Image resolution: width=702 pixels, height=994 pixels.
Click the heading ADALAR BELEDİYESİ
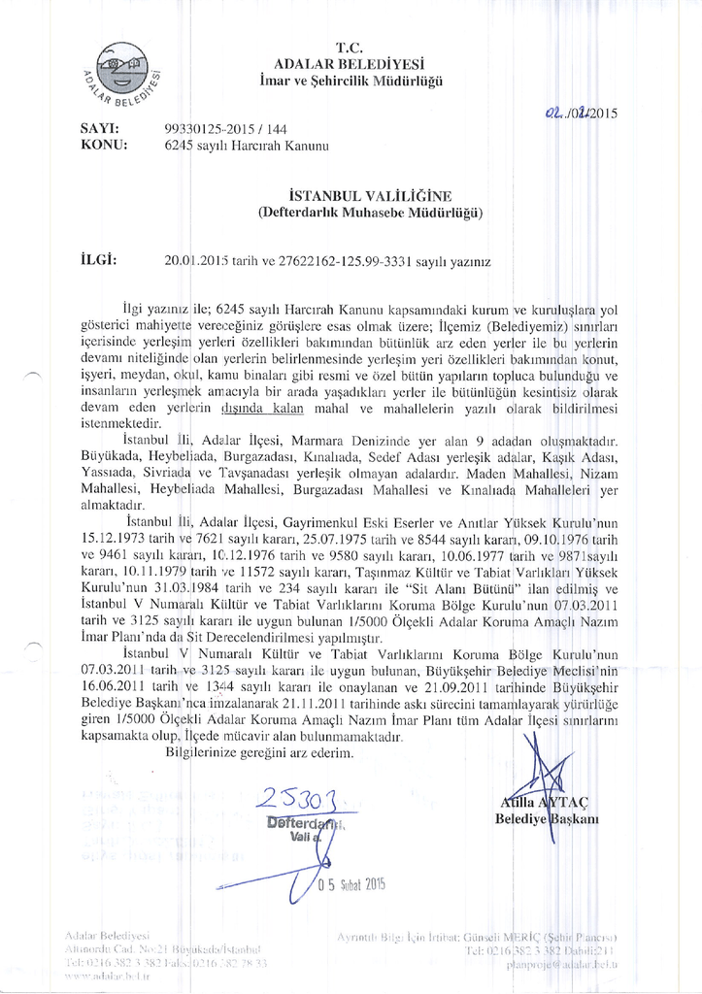click(x=351, y=62)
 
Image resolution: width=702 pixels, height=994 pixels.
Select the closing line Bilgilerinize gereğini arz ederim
click(x=261, y=751)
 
